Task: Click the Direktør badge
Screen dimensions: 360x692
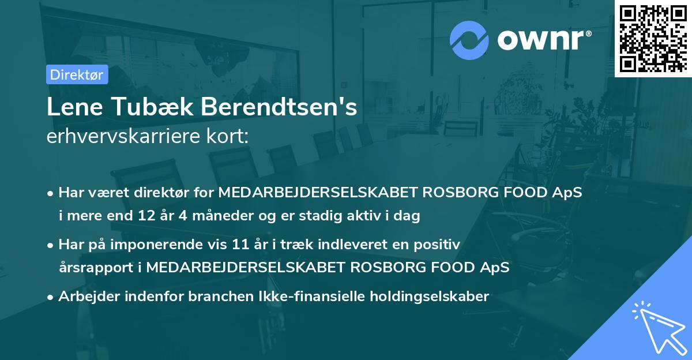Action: click(x=77, y=74)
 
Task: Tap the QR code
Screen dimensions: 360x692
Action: click(x=653, y=38)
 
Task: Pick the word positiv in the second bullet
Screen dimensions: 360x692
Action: click(x=439, y=245)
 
